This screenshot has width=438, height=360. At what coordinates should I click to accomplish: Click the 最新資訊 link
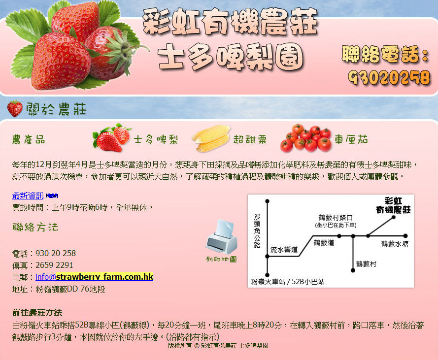[x=28, y=196]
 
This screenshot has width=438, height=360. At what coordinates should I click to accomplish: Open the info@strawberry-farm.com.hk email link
[x=95, y=277]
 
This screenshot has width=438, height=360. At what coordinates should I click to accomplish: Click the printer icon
[x=222, y=236]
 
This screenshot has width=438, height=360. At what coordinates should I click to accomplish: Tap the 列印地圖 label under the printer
[x=221, y=260]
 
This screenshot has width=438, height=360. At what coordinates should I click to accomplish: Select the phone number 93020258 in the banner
[x=389, y=77]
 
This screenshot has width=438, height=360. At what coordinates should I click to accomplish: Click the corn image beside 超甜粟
[x=211, y=138]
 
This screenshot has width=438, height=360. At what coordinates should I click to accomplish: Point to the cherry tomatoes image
[x=306, y=138]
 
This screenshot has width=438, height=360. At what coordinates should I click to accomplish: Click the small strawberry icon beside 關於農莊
[x=15, y=109]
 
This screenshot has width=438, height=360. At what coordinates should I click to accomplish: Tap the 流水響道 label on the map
[x=284, y=249]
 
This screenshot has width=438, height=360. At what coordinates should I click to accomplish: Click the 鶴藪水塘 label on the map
[x=395, y=244]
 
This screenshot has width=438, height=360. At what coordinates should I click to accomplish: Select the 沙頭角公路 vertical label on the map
[x=257, y=231]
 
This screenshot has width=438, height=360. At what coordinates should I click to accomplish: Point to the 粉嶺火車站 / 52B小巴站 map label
[x=288, y=282]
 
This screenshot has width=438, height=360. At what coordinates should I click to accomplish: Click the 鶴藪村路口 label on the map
[x=336, y=218]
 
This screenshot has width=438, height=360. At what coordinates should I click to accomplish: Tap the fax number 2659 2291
[x=54, y=265]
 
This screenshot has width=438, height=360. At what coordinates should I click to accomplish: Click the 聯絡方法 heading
[x=35, y=227]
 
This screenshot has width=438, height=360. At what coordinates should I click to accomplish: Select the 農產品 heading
[x=29, y=139]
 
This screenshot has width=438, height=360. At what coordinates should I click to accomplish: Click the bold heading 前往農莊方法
[x=37, y=313]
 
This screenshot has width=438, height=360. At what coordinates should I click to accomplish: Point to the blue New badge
[x=52, y=196]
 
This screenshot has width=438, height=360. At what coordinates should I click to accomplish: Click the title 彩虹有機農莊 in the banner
[x=230, y=22]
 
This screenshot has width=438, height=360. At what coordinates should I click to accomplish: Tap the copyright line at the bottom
[x=218, y=346]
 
